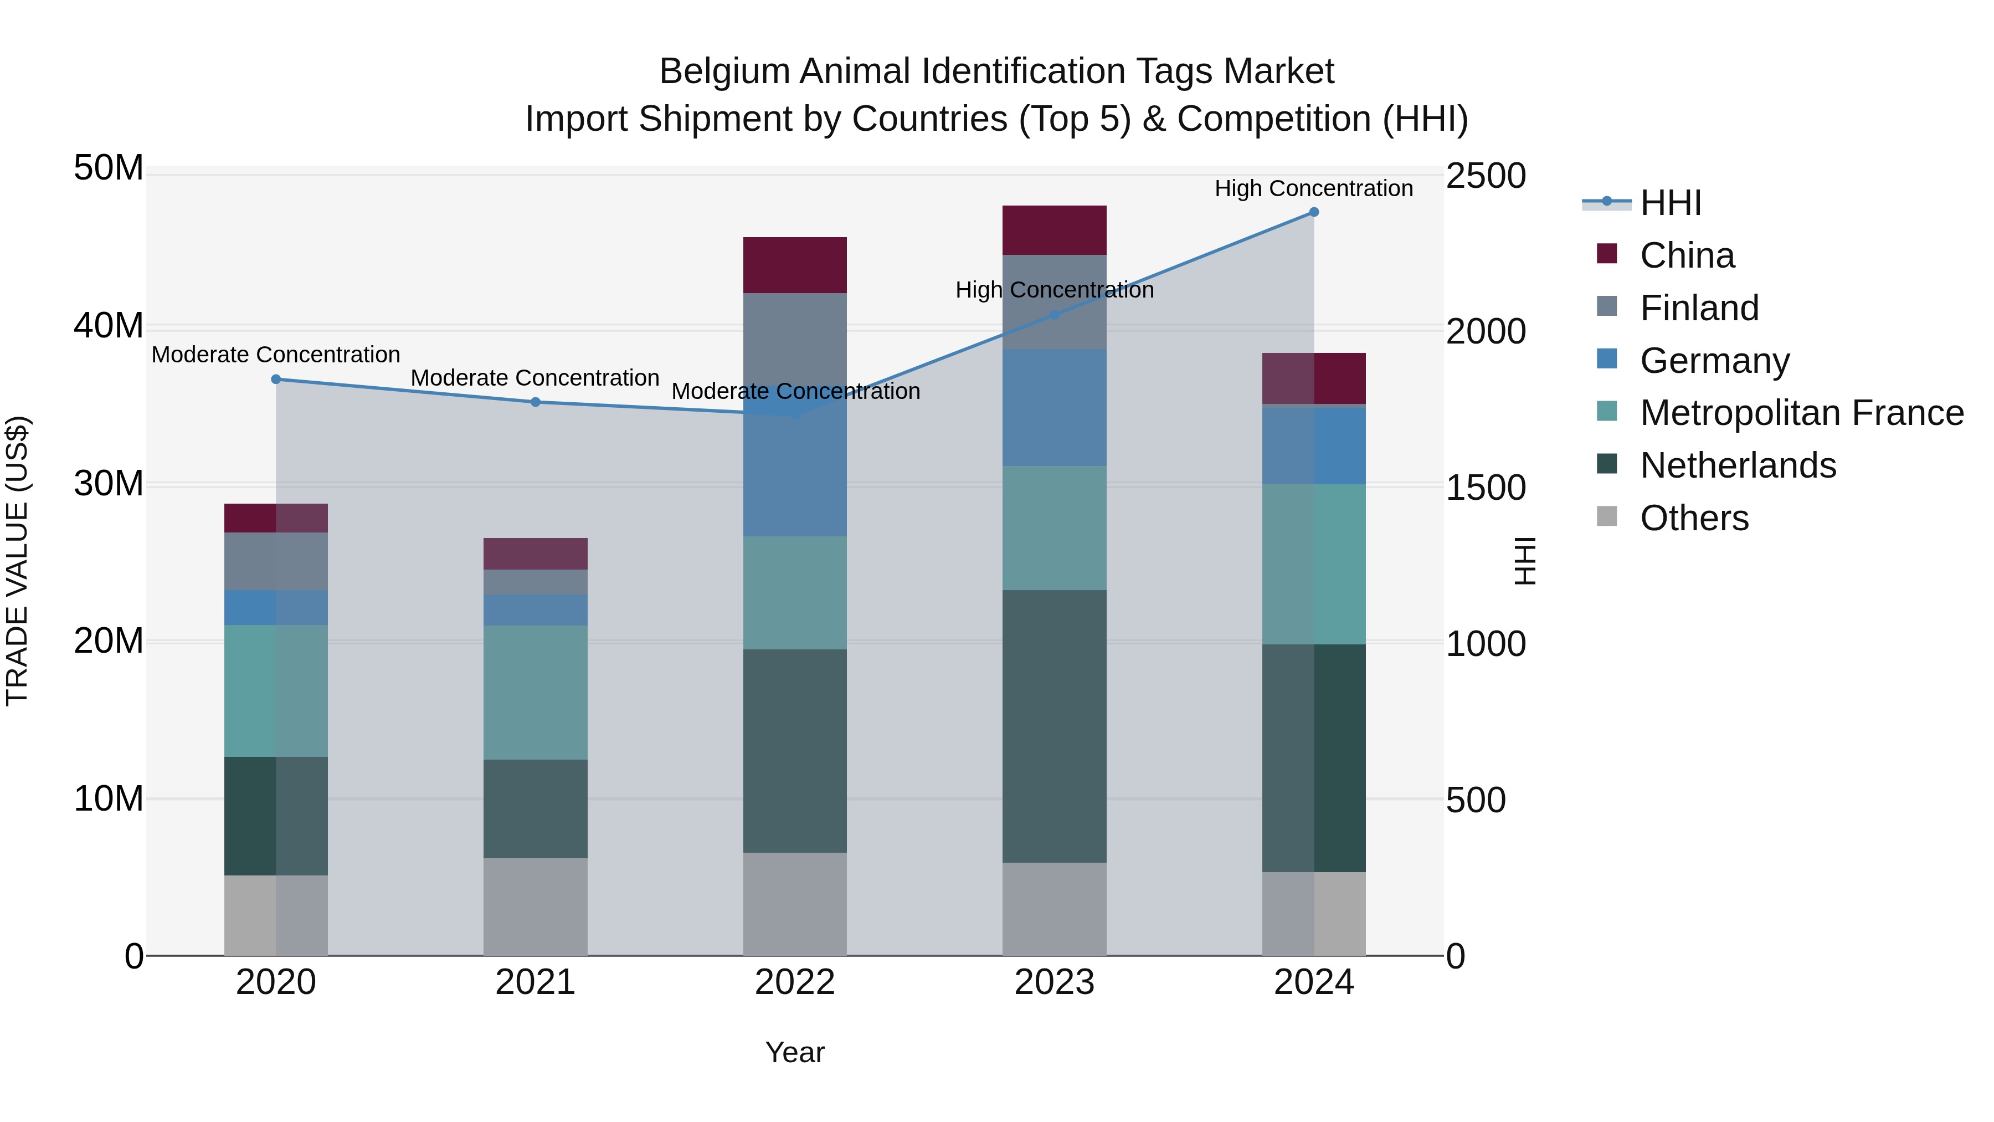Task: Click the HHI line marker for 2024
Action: coord(1314,212)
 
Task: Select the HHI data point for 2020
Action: coord(276,380)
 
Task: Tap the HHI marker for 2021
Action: coord(535,402)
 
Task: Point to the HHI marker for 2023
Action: coord(1054,315)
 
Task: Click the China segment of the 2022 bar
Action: coord(795,265)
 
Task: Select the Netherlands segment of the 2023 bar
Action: coord(1054,726)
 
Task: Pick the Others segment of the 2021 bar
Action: coord(535,906)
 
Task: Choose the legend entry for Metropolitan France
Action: coord(1801,413)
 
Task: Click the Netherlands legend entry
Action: coord(1737,465)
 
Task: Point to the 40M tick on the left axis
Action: coord(109,326)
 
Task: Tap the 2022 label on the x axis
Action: coord(795,982)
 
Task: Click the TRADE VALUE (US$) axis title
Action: coord(17,561)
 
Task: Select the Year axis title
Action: coord(795,1052)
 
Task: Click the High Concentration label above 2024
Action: coord(1314,188)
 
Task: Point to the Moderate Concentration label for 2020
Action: coord(276,355)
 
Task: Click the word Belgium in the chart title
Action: coord(724,71)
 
